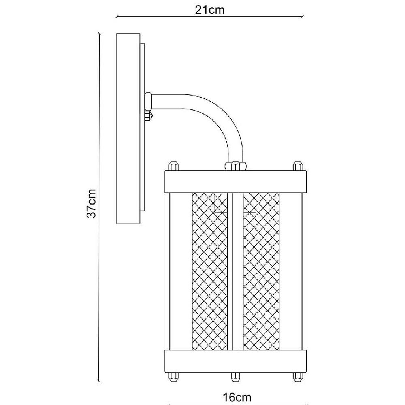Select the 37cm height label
pyautogui.click(x=91, y=204)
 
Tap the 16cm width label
pyautogui.click(x=237, y=397)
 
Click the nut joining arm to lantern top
pyautogui.click(x=235, y=166)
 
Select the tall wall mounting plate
pyautogui.click(x=128, y=128)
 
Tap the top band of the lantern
pyautogui.click(x=235, y=181)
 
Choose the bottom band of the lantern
pyautogui.click(x=235, y=361)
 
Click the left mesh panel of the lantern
pyautogui.click(x=210, y=271)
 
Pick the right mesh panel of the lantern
pyautogui.click(x=261, y=271)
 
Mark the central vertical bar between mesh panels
pyautogui.click(x=235, y=271)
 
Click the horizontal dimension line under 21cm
pyautogui.click(x=209, y=17)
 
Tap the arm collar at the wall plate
pyautogui.click(x=148, y=101)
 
